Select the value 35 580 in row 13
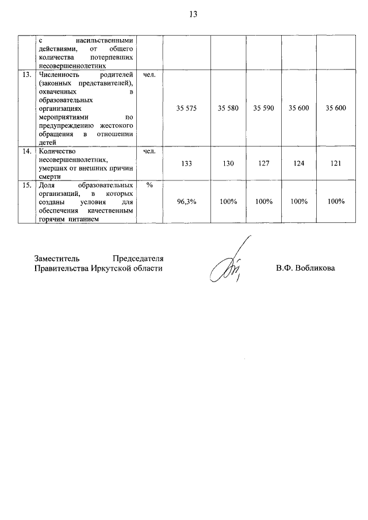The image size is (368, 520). pos(228,108)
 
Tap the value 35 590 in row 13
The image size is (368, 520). pos(264,108)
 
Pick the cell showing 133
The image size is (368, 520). pos(186,164)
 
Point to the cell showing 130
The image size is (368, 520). pos(228,164)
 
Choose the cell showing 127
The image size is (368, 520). pos(264,164)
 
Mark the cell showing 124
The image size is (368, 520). pos(299,164)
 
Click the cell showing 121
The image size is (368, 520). pos(336,164)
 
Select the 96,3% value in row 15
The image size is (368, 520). pos(186,202)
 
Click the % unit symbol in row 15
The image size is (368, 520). pos(149,186)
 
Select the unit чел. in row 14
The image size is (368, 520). pos(149,152)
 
